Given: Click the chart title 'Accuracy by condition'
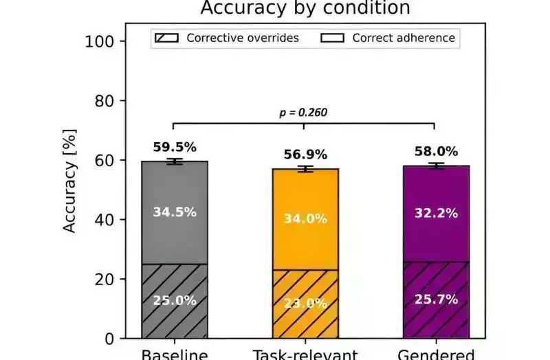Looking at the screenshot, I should pyautogui.click(x=305, y=8).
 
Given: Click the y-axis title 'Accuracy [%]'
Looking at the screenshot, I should pyautogui.click(x=70, y=180).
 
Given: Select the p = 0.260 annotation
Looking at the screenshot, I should pyautogui.click(x=303, y=113).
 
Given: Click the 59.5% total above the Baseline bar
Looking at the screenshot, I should pyautogui.click(x=175, y=147).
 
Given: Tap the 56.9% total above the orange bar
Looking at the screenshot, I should pyautogui.click(x=305, y=155).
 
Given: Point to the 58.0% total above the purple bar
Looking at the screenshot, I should pyautogui.click(x=436, y=151).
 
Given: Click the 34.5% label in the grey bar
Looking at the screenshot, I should pyautogui.click(x=175, y=212).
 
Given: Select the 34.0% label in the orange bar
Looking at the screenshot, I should pyautogui.click(x=305, y=219).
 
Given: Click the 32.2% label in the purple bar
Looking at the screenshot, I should pyautogui.click(x=436, y=213).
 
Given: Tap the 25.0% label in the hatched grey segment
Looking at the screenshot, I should pyautogui.click(x=175, y=300).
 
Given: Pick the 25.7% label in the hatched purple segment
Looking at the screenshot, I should pyautogui.click(x=436, y=299).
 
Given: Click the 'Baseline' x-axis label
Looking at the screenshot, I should pyautogui.click(x=175, y=355).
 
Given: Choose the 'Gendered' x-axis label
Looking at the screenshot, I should pyautogui.click(x=436, y=355).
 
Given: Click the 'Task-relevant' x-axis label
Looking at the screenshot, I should pyautogui.click(x=305, y=355).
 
